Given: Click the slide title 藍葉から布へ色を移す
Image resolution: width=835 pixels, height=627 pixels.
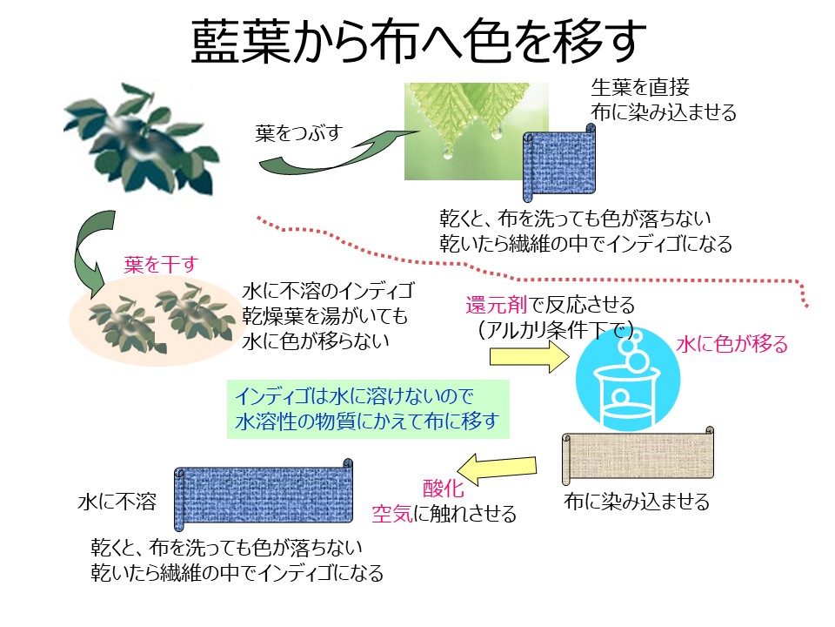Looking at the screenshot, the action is [x=418, y=42].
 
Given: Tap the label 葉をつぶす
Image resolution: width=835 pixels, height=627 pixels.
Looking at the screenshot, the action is [x=298, y=132].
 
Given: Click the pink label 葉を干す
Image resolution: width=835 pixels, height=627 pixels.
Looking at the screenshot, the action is [x=161, y=265].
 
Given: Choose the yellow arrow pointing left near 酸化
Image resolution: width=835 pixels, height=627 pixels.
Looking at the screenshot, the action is [x=497, y=469].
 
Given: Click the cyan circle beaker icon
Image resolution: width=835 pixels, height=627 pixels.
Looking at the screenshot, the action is [x=628, y=379].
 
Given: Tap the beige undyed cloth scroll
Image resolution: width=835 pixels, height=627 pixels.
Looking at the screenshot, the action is [x=638, y=455].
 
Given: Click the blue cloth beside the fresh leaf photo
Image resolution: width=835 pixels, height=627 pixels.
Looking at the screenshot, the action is [x=559, y=163].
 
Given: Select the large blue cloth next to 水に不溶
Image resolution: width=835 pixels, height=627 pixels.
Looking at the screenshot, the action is [x=264, y=495].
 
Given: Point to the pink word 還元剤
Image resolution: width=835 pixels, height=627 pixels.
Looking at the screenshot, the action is [x=497, y=305].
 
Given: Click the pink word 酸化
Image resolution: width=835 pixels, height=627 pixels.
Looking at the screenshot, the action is [x=443, y=489].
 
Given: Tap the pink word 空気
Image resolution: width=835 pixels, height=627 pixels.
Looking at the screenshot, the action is [x=392, y=514].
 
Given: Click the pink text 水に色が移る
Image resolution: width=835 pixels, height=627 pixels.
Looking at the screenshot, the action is [x=732, y=345].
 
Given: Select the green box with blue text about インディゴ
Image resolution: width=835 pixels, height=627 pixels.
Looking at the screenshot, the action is [x=368, y=409].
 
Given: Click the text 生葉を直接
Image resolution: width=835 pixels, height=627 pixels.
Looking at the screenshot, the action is [x=640, y=87].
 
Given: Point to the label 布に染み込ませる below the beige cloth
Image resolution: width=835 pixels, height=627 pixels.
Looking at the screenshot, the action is [x=637, y=502].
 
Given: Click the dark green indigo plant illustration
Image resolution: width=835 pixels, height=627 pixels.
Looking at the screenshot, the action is [x=141, y=138].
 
